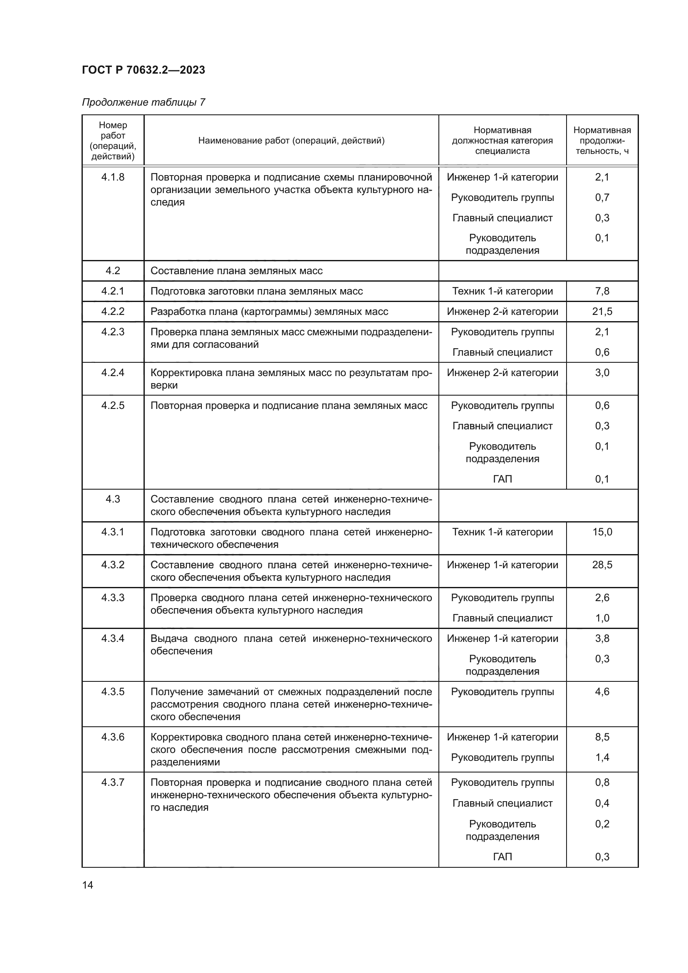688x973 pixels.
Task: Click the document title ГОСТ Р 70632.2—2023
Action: (143, 70)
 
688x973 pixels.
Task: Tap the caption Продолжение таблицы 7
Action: (143, 102)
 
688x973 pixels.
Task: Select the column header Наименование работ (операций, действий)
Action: (291, 140)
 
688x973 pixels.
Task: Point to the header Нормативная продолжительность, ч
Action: (601, 140)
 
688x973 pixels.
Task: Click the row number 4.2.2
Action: (113, 312)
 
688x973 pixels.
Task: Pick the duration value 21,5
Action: (602, 312)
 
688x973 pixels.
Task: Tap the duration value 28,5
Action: (602, 564)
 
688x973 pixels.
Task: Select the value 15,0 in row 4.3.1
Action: (602, 532)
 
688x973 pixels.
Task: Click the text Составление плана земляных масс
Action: (236, 271)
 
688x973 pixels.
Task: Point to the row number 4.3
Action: (113, 499)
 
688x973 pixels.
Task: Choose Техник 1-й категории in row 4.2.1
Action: (502, 291)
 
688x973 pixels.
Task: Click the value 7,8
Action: (602, 291)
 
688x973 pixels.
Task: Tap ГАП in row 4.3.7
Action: (502, 857)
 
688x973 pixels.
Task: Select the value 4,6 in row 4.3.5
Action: (602, 692)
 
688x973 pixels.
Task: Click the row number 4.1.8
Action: (113, 177)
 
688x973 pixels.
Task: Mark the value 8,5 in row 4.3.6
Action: (602, 737)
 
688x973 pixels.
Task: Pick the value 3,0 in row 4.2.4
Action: (602, 372)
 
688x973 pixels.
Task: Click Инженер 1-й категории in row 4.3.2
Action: (502, 564)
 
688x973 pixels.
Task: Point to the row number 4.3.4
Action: (113, 638)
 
